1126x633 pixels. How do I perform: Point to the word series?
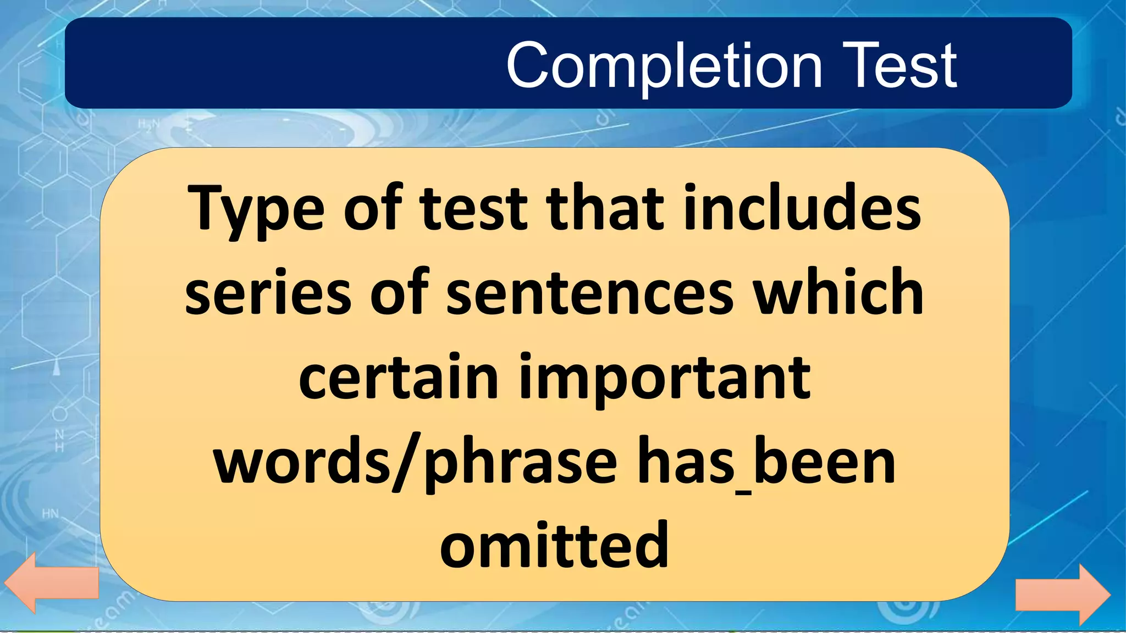[268, 293]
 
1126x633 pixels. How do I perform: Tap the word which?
[838, 293]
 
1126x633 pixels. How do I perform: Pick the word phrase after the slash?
[520, 464]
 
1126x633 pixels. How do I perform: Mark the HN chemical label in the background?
[50, 514]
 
